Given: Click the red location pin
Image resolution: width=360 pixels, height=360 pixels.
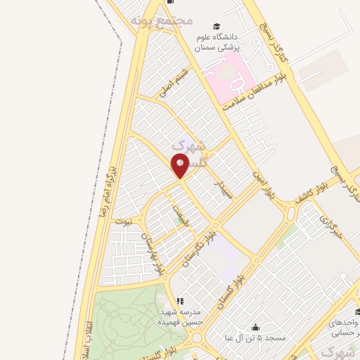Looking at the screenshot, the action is (x=181, y=165).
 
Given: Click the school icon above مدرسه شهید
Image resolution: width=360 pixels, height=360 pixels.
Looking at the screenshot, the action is (x=180, y=300).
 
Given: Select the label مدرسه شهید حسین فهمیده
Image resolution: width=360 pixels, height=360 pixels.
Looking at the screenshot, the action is (x=181, y=316).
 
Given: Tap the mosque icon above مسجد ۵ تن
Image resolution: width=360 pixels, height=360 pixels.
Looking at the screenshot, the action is (x=255, y=327).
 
